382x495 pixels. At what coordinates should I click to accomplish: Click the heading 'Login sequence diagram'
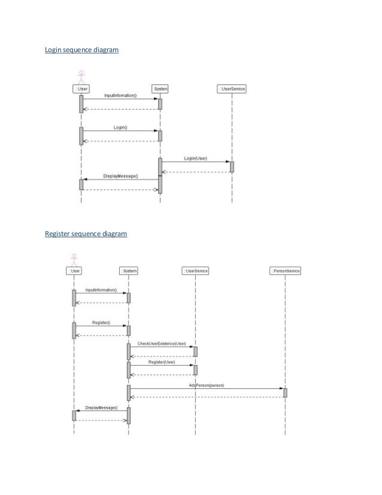82,50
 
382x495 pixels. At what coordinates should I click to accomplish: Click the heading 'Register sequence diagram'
86,234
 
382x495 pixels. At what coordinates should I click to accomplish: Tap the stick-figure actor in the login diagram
81,77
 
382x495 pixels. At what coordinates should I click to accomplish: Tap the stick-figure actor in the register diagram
74,259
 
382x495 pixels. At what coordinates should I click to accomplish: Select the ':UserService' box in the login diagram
232,89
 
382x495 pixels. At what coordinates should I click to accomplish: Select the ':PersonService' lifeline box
285,271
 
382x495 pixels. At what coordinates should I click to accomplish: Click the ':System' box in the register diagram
129,271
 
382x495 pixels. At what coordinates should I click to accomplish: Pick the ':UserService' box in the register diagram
195,271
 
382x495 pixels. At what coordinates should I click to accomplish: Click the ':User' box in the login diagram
81,89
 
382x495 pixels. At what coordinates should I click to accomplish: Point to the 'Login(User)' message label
195,158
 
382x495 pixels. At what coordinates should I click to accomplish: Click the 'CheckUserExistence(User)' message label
162,344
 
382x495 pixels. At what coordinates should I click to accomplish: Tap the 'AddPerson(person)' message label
207,385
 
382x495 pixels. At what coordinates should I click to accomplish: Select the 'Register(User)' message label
162,362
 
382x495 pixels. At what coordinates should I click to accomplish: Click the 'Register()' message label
101,322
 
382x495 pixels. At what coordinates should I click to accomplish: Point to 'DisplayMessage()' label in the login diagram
120,176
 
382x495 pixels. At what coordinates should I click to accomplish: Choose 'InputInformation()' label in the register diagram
101,290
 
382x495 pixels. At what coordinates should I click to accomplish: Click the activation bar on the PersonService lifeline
285,393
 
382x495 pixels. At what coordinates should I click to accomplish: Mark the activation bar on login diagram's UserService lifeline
232,167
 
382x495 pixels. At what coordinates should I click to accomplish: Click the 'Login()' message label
120,128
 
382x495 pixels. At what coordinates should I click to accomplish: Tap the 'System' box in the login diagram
160,89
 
